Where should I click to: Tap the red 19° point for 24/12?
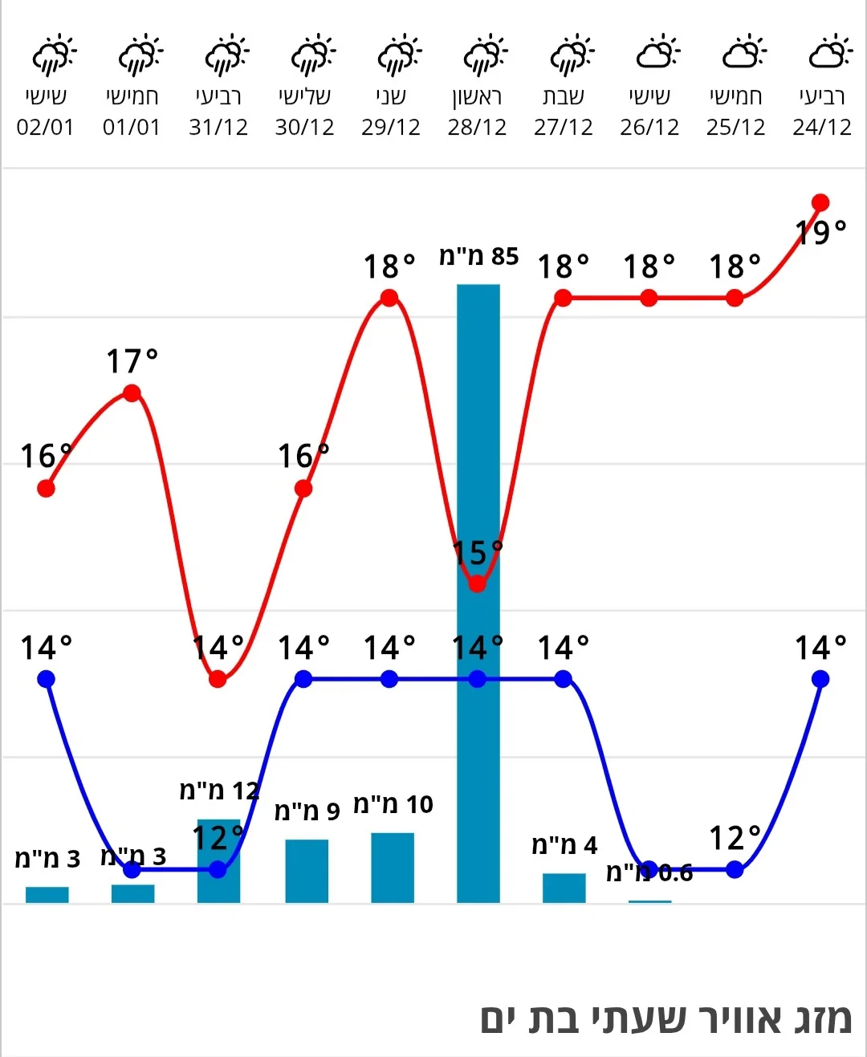[x=820, y=202]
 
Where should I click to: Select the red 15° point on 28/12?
[x=477, y=583]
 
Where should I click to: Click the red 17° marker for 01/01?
[x=132, y=393]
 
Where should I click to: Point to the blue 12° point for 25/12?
[x=735, y=869]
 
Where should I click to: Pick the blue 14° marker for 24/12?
[x=820, y=679]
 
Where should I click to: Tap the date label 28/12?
[x=477, y=128]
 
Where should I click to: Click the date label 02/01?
[x=45, y=128]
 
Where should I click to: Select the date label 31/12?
[x=218, y=128]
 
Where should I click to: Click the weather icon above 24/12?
[x=829, y=53]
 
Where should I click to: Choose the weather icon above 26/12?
[x=657, y=53]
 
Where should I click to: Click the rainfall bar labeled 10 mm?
[x=393, y=868]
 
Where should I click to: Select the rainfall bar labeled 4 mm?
[x=564, y=888]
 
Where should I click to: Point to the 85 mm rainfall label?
[x=478, y=257]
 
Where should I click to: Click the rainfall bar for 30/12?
[x=307, y=871]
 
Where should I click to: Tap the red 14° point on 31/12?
[x=218, y=679]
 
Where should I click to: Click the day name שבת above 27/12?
[x=563, y=97]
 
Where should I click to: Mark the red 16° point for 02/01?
[x=46, y=488]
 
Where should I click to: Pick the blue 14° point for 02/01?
[x=46, y=679]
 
